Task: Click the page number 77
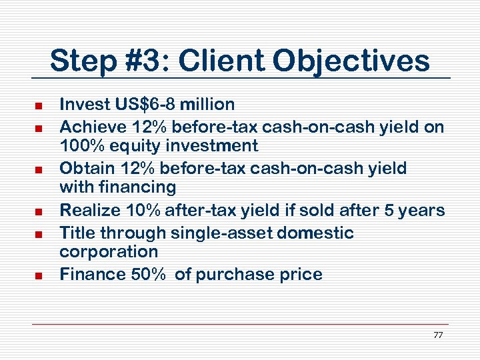[437, 335]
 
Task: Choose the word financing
[141, 188]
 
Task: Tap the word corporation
[109, 252]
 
